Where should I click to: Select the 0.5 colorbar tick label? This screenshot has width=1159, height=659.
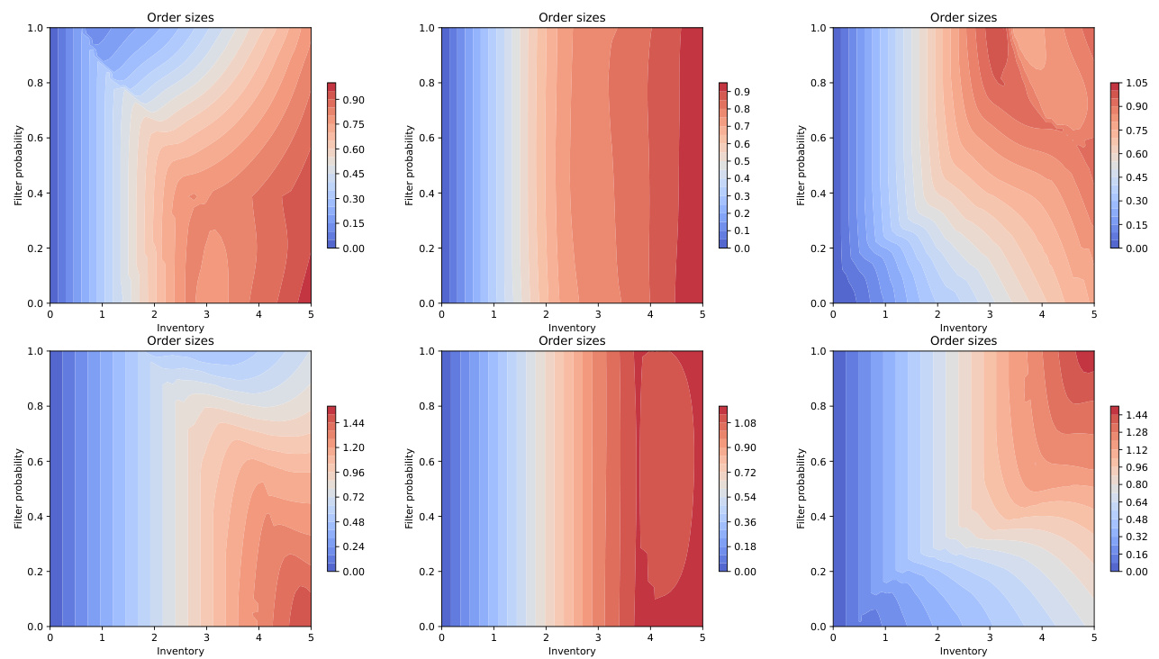point(744,161)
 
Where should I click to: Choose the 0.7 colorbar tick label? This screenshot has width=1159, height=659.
point(744,126)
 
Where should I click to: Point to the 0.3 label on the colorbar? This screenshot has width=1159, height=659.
point(744,196)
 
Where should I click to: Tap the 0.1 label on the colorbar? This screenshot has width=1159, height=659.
point(744,230)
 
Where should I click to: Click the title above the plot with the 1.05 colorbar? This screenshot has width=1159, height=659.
point(963,18)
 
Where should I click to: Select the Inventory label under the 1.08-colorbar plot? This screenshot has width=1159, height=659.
point(572,651)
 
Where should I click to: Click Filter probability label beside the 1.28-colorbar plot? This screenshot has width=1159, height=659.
point(801,488)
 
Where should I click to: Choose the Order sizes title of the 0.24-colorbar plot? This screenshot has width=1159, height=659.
point(180,341)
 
